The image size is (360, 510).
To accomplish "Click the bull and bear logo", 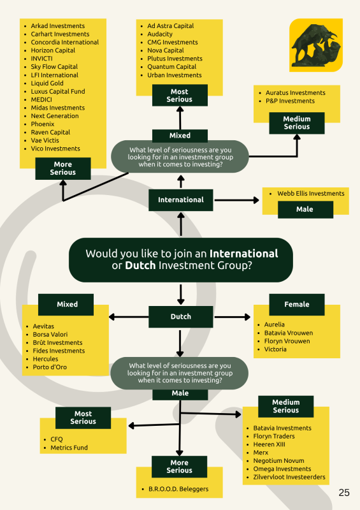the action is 316,45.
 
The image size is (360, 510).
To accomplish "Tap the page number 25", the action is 344,492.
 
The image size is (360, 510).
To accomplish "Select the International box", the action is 181,200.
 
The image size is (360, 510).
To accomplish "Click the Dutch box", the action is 181,316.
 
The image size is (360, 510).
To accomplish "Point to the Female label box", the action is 297,305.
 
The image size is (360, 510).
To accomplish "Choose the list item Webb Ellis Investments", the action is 311,194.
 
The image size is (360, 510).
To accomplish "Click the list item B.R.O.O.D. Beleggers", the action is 178,489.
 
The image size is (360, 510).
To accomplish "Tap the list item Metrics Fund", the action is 69,448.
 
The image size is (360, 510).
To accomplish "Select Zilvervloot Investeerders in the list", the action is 289,477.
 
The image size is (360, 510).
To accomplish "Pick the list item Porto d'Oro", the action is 50,367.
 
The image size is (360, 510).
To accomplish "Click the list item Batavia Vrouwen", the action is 289,333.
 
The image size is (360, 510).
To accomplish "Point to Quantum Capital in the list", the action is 171,67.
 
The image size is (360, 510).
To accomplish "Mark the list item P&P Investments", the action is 290,101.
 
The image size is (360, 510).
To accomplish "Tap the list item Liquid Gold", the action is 47,83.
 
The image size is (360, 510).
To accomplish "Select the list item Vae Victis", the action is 45,140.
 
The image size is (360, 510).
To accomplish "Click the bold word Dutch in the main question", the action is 140,265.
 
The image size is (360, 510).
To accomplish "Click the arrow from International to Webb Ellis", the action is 237,200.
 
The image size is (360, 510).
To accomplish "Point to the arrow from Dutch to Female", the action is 233,316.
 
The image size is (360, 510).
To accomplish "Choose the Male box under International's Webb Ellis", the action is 305,209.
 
